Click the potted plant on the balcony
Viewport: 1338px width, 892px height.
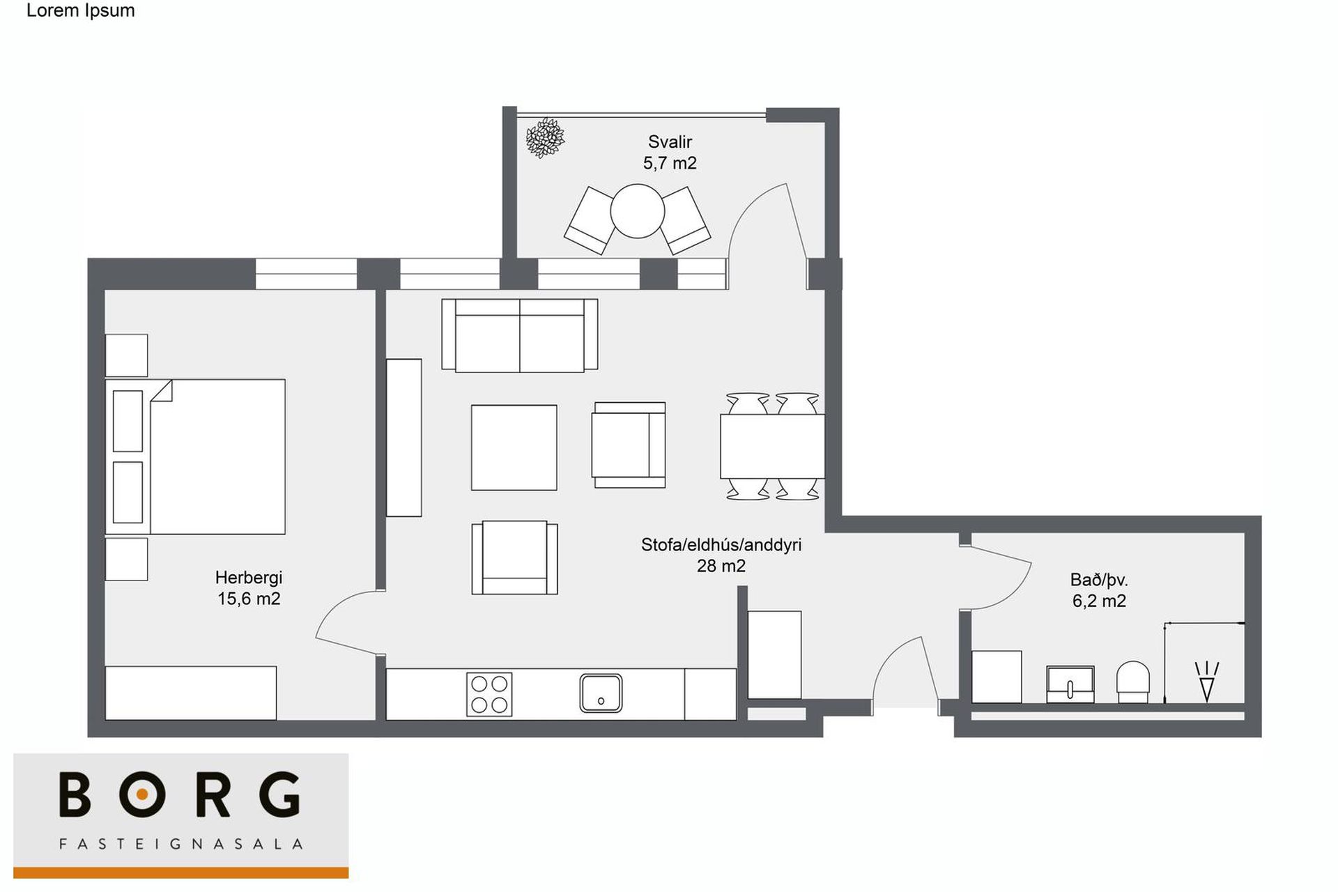[x=545, y=138]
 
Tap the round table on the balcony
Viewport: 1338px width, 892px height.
[x=638, y=210]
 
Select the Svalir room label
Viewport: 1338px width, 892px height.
[x=670, y=142]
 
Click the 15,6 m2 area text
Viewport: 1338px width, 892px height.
[x=249, y=599]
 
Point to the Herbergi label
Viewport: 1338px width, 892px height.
[x=249, y=578]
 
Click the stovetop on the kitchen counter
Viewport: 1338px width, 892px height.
[x=489, y=694]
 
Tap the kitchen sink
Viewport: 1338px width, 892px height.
[x=601, y=693]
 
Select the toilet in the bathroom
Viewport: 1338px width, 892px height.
[x=1133, y=682]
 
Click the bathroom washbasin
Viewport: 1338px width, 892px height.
[x=1070, y=684]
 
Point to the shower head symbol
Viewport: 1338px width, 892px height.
[x=1207, y=681]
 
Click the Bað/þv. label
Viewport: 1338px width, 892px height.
[x=1099, y=580]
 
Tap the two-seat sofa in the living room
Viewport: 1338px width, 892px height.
[x=520, y=335]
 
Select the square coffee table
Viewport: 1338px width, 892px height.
[x=514, y=447]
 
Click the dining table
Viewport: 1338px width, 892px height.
[x=772, y=446]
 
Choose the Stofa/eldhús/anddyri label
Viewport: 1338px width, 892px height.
[x=721, y=545]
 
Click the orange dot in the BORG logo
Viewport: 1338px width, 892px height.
[x=142, y=794]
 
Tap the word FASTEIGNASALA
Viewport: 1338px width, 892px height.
[x=181, y=844]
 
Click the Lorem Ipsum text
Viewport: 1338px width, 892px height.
[x=81, y=10]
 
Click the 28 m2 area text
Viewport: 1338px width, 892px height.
[x=721, y=566]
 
